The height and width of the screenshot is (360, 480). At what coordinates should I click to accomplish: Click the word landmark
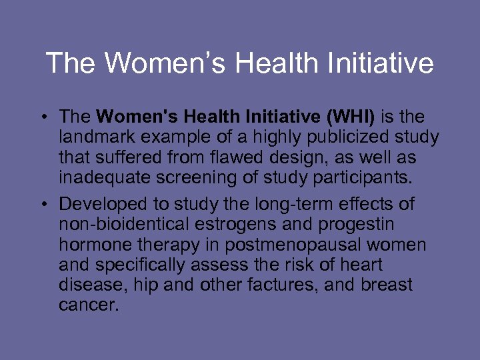[x=98, y=138]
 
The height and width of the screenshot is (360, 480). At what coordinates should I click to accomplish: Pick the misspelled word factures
[x=274, y=285]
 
